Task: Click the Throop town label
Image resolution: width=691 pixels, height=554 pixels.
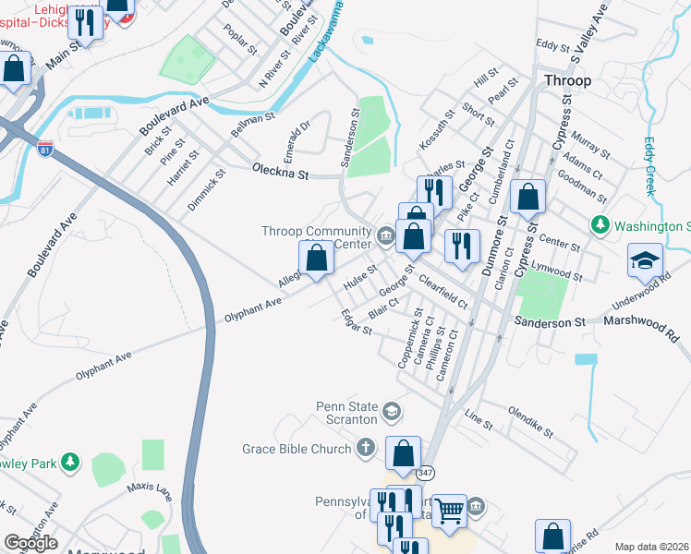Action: pos(567,80)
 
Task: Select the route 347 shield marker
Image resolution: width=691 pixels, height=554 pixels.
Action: pos(425,473)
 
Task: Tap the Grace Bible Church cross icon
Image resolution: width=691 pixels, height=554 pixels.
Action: pos(366,449)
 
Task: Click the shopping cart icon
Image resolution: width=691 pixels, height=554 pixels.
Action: pos(450,509)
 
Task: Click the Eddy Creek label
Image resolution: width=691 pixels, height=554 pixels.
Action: pos(649,166)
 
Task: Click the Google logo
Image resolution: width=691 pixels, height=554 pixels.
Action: pos(30,543)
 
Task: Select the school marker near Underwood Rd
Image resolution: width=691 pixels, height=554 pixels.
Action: pos(645,259)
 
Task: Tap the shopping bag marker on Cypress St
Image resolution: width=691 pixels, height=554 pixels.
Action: pos(527,197)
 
